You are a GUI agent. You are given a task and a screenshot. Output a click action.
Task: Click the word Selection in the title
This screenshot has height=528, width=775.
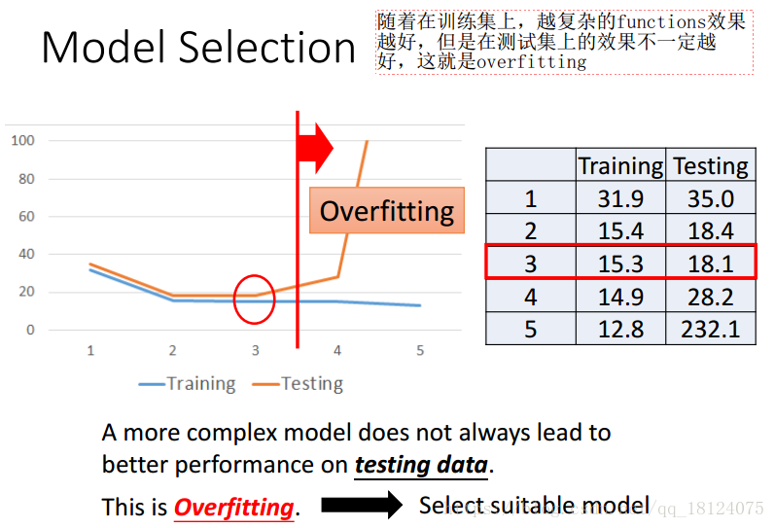pos(266,47)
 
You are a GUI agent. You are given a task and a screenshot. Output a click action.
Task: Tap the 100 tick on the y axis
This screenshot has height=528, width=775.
pos(22,140)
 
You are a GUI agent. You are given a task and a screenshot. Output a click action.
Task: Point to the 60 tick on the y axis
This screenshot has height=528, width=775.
pos(26,216)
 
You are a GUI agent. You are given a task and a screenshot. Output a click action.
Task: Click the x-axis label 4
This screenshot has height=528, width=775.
pos(337,350)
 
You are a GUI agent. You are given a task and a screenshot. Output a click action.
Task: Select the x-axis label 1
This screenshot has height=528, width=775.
pos(90,350)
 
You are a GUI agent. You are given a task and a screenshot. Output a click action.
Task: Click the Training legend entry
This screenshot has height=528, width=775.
pos(188,384)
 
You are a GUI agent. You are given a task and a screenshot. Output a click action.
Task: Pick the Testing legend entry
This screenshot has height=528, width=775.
pos(298,384)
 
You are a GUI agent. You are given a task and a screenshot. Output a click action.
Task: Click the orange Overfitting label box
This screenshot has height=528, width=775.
pos(387,210)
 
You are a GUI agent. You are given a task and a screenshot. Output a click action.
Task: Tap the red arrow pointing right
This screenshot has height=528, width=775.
pos(315,148)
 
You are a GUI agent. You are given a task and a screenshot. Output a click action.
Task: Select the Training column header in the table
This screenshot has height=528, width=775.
pos(620,165)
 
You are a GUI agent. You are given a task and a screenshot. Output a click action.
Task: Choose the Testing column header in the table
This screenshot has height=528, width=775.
pos(711,165)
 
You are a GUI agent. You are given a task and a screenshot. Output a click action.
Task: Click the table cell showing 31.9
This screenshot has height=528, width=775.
pos(620,198)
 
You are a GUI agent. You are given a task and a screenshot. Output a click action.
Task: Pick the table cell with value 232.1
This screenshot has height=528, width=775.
pos(711,329)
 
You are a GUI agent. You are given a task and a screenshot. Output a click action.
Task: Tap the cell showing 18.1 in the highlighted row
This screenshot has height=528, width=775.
pos(711,263)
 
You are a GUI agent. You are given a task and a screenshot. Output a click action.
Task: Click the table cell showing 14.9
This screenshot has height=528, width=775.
pos(620,297)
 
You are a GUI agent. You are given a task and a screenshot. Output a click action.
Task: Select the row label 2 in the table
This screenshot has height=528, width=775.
pos(530,230)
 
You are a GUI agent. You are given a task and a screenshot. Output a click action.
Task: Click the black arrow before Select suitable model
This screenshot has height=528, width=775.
pos(362,505)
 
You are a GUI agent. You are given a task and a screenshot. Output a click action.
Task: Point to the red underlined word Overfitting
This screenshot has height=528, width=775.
pos(234,508)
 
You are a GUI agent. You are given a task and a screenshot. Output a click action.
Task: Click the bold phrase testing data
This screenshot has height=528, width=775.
pos(422,466)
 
